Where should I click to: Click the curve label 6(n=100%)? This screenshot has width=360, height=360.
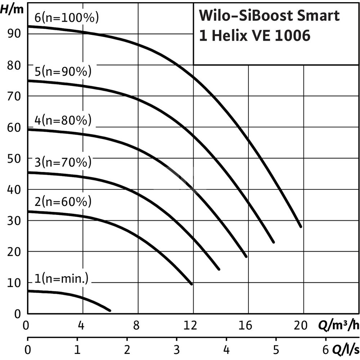(67, 18)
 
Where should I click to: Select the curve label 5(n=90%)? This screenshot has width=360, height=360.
(63, 72)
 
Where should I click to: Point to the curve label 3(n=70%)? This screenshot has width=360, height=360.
(63, 163)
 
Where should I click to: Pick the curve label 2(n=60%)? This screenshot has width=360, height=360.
(63, 202)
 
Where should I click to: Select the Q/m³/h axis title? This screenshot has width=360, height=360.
(338, 326)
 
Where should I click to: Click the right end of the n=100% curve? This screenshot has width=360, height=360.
(300, 226)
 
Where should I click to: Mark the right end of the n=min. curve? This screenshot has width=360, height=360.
(109, 310)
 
